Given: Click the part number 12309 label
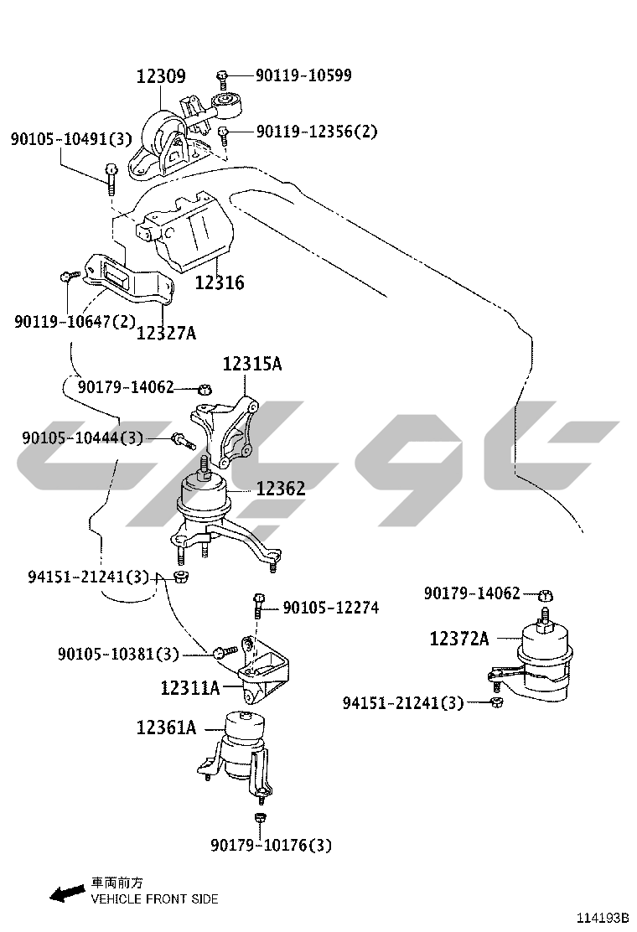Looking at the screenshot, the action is pyautogui.click(x=161, y=76).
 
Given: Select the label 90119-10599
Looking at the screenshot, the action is pyautogui.click(x=303, y=75).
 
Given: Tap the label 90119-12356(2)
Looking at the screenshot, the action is pyautogui.click(x=317, y=131).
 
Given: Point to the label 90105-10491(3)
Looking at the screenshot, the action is pyautogui.click(x=70, y=139).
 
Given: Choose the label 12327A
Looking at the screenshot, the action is pyautogui.click(x=167, y=333).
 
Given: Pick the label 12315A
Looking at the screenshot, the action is pyautogui.click(x=252, y=363).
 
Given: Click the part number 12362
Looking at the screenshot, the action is pyautogui.click(x=281, y=489).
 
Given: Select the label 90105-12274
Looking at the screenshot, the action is pyautogui.click(x=331, y=608).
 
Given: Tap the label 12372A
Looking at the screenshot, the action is pyautogui.click(x=459, y=639).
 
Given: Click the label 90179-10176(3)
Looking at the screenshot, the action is pyautogui.click(x=271, y=845).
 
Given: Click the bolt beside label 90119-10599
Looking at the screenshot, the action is pyautogui.click(x=222, y=79).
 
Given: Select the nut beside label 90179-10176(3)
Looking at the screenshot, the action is pyautogui.click(x=260, y=818).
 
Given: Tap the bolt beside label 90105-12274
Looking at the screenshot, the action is pyautogui.click(x=258, y=605).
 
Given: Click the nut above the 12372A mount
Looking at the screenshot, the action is pyautogui.click(x=546, y=594).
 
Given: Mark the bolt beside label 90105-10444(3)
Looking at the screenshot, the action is pyautogui.click(x=183, y=441).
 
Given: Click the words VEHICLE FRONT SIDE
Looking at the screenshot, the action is pyautogui.click(x=154, y=899).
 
